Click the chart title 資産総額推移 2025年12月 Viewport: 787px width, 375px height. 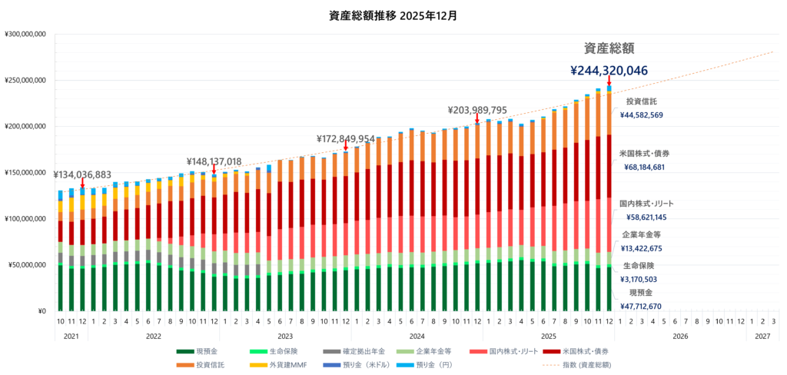(393, 15)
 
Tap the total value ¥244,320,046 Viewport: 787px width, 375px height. (609, 71)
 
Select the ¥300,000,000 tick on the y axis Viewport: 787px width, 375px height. (26, 34)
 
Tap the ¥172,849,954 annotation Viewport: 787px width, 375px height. (346, 139)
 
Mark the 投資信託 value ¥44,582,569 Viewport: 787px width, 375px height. (641, 115)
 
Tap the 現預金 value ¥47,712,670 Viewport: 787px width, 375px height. (641, 306)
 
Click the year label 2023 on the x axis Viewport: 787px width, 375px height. (285, 336)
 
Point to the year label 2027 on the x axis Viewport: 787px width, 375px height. (762, 336)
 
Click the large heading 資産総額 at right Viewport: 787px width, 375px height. (609, 48)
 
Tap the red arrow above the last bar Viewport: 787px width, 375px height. (609, 81)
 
